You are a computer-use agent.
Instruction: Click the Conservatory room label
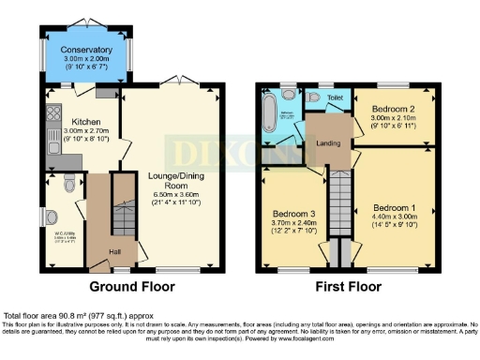coord(86,51)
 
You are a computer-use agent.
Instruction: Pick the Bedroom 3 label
coord(293,214)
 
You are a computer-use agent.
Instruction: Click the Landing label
coord(326,142)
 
